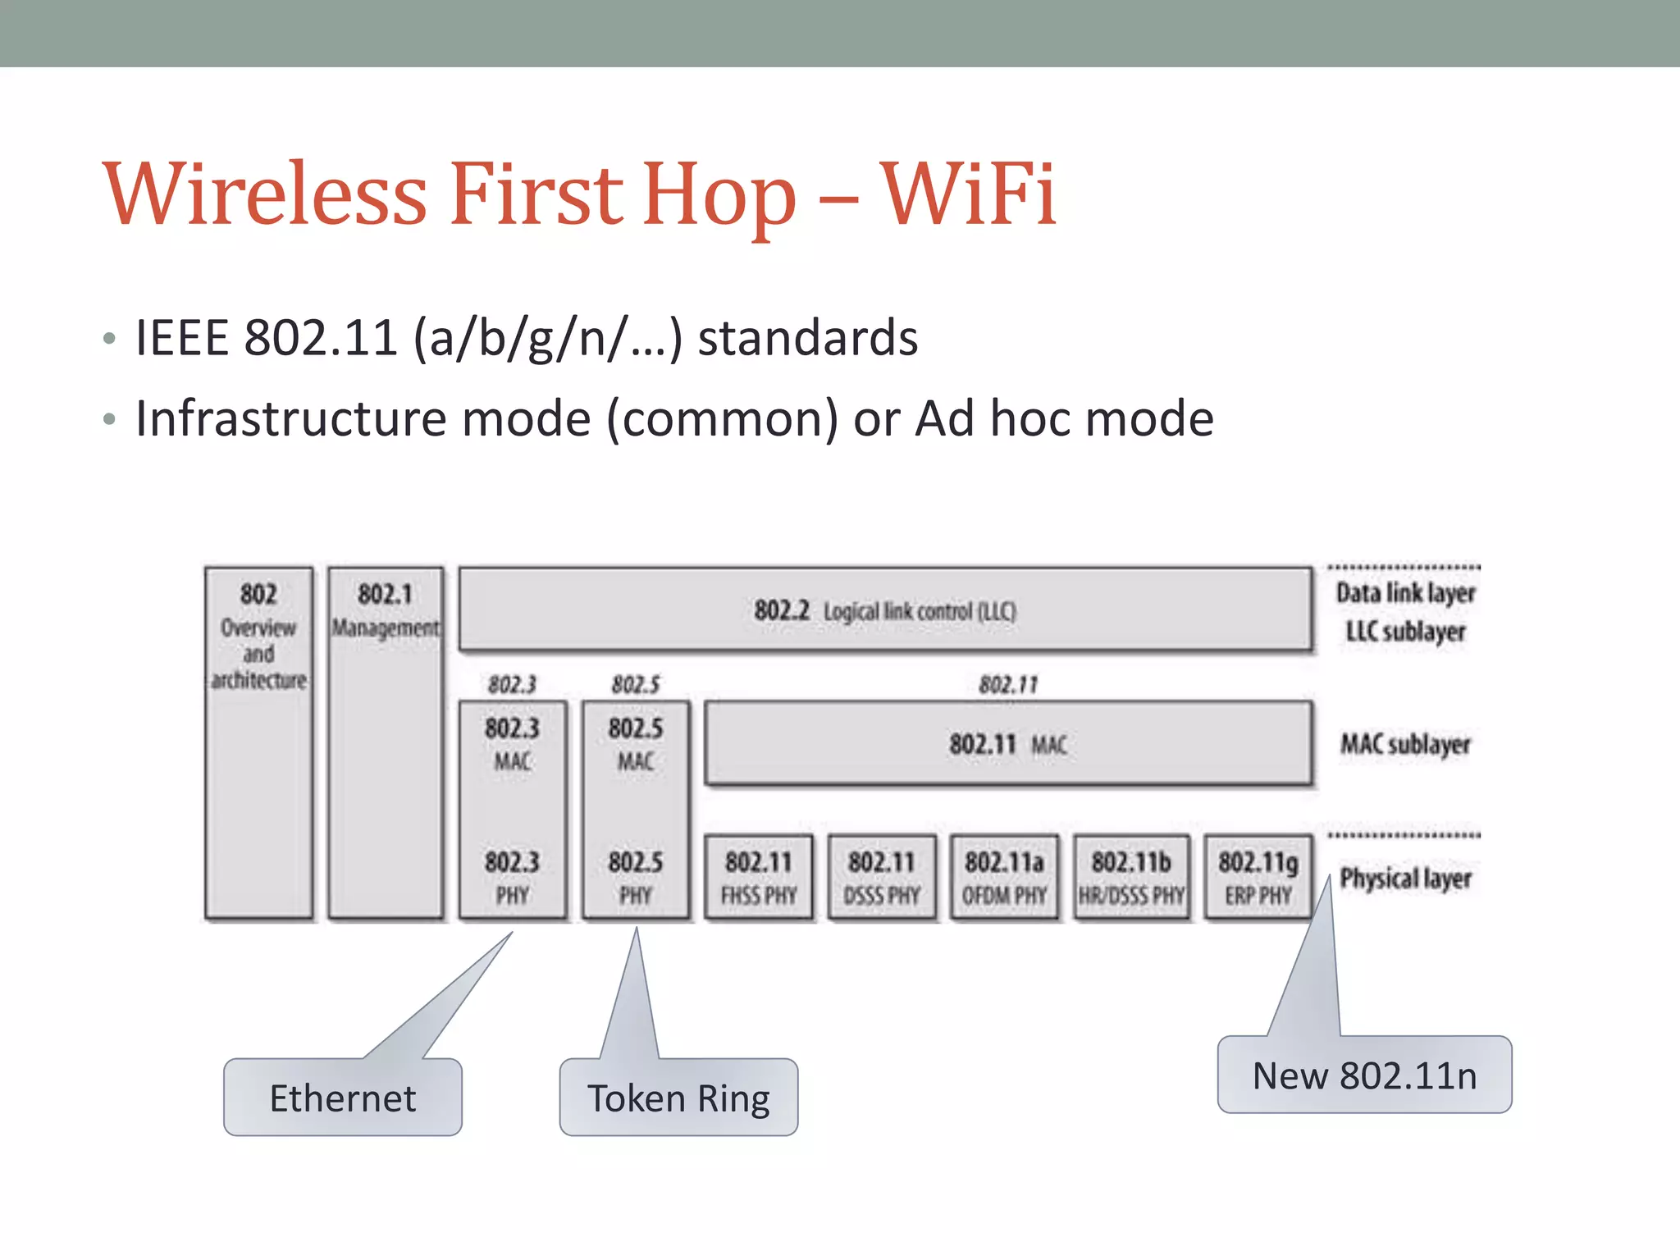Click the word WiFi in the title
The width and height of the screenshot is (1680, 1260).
pos(968,194)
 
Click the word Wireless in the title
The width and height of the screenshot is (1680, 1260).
pos(265,194)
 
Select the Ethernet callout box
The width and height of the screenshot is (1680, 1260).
pos(343,1098)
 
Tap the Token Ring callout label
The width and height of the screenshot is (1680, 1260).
pos(678,1098)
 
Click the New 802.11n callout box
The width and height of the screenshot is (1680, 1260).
pos(1364,1075)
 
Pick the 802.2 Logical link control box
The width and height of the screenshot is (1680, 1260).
pos(884,611)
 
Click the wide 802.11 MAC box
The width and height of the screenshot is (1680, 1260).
pos(1007,744)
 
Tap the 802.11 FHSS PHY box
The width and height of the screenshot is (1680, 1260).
pos(759,877)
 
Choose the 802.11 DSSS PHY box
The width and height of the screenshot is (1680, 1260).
pos(882,877)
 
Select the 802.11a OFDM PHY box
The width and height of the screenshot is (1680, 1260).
pos(1004,877)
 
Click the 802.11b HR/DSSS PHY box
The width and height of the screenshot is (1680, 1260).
pos(1131,877)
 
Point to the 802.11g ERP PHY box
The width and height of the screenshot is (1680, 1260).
pos(1258,877)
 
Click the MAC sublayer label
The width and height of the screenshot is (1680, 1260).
pos(1405,745)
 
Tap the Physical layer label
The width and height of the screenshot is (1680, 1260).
pos(1405,879)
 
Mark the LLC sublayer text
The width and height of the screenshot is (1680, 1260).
pos(1405,632)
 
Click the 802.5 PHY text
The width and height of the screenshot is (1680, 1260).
pos(636,877)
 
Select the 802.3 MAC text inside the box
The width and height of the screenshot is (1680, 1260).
pos(512,743)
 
